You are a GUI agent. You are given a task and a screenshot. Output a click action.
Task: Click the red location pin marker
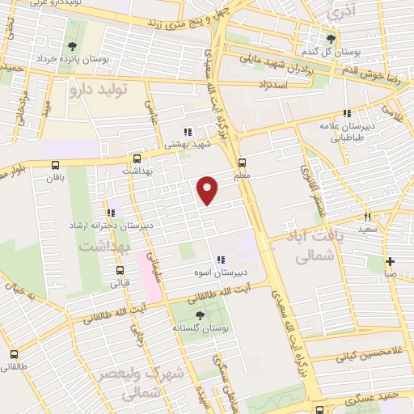coord(208,189)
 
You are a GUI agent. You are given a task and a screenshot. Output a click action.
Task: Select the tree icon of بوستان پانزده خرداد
coord(73,46)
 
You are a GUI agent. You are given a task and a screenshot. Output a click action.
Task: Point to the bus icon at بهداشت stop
coord(136,159)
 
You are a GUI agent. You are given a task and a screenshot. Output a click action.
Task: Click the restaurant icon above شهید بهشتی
coord(187,132)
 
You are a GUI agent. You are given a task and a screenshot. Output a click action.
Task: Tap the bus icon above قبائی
coord(120,271)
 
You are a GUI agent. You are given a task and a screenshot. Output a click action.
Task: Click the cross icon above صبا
coord(391,261)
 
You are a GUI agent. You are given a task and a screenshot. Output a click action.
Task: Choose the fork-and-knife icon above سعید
coord(367,217)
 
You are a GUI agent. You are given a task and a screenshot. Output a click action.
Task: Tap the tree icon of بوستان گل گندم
coord(329,39)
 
